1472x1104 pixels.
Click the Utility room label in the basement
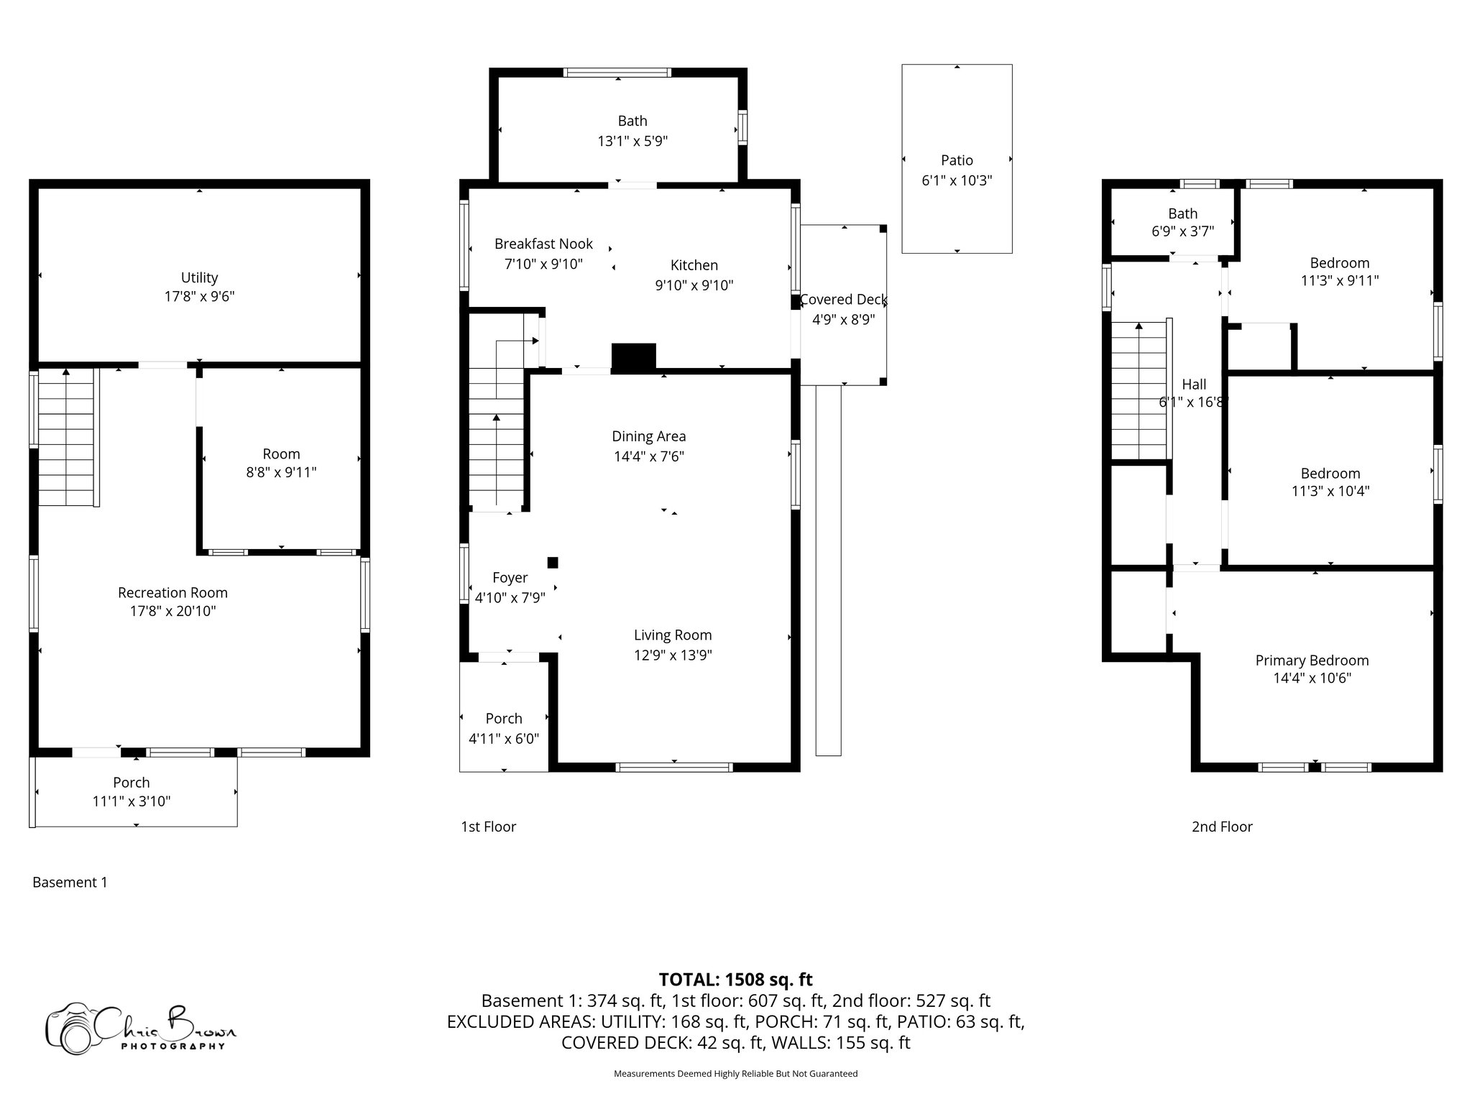[x=199, y=277]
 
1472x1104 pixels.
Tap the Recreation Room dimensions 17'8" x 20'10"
[x=172, y=612]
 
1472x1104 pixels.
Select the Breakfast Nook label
[x=543, y=244]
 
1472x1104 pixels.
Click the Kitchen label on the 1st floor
[x=694, y=265]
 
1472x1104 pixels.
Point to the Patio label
[x=957, y=160]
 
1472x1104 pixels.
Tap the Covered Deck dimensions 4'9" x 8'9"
[x=843, y=319]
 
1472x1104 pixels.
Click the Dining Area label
[x=648, y=436]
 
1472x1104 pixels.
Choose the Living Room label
[x=672, y=635]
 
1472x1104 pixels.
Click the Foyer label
[x=510, y=578]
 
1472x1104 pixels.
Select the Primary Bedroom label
[x=1312, y=661]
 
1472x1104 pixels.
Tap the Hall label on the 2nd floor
[x=1194, y=385]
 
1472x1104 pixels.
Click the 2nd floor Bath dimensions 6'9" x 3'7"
[x=1182, y=231]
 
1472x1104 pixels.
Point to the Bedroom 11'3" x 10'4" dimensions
[x=1330, y=492]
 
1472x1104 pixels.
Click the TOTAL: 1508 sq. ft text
[x=735, y=980]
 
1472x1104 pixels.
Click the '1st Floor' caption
[x=488, y=827]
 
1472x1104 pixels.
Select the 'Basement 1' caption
[x=70, y=882]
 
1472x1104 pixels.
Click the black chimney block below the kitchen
[x=633, y=357]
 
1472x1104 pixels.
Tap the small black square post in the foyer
[x=553, y=562]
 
